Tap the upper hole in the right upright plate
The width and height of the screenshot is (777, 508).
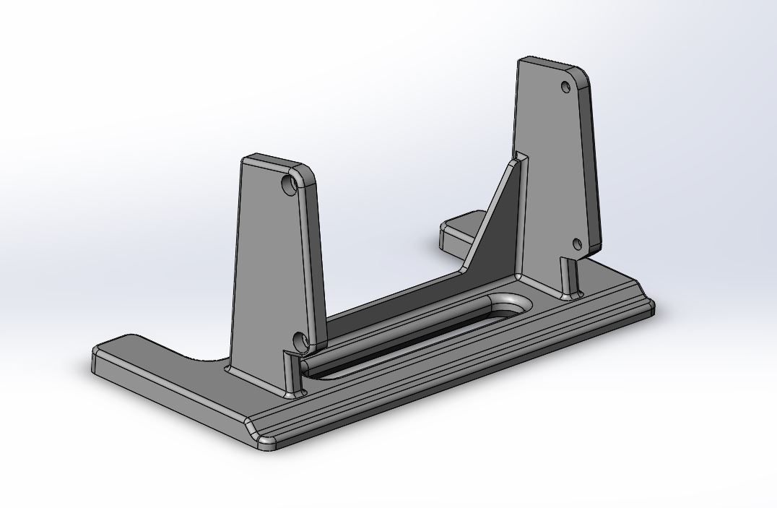click(x=566, y=87)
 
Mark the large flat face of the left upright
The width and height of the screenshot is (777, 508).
click(x=267, y=267)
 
